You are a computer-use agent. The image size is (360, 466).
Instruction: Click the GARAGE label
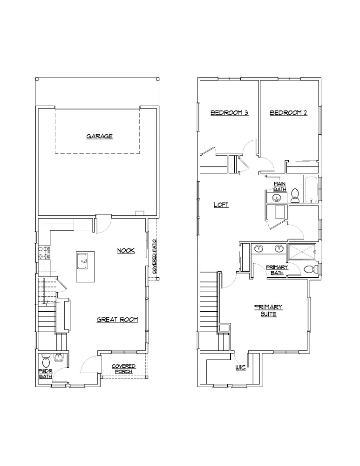coord(100,137)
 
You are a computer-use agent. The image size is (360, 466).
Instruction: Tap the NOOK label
coord(126,251)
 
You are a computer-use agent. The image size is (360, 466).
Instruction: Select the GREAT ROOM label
coord(117,320)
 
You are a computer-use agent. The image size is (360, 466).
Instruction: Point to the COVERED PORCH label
coord(123,369)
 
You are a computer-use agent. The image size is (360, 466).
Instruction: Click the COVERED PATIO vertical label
coord(154,257)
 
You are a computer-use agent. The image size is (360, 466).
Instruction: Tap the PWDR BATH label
coord(46,374)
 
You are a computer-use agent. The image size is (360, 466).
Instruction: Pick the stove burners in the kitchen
coord(43,252)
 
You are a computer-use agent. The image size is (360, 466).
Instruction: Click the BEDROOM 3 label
coord(229,113)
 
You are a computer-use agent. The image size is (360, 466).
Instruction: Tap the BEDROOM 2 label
coord(288,113)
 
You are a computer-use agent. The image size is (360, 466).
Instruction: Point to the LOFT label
coord(221,205)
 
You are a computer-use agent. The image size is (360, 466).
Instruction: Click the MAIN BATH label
coord(280,187)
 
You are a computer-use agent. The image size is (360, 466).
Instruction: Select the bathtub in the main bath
coord(311,189)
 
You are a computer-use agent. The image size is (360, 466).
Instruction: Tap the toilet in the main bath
coord(295,196)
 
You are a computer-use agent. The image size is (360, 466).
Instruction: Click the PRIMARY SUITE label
coord(268,310)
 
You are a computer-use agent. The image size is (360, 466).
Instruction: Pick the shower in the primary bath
coord(301,252)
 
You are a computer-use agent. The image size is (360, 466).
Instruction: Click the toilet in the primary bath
coord(311,269)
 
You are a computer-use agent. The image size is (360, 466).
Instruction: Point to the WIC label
coord(241,368)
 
